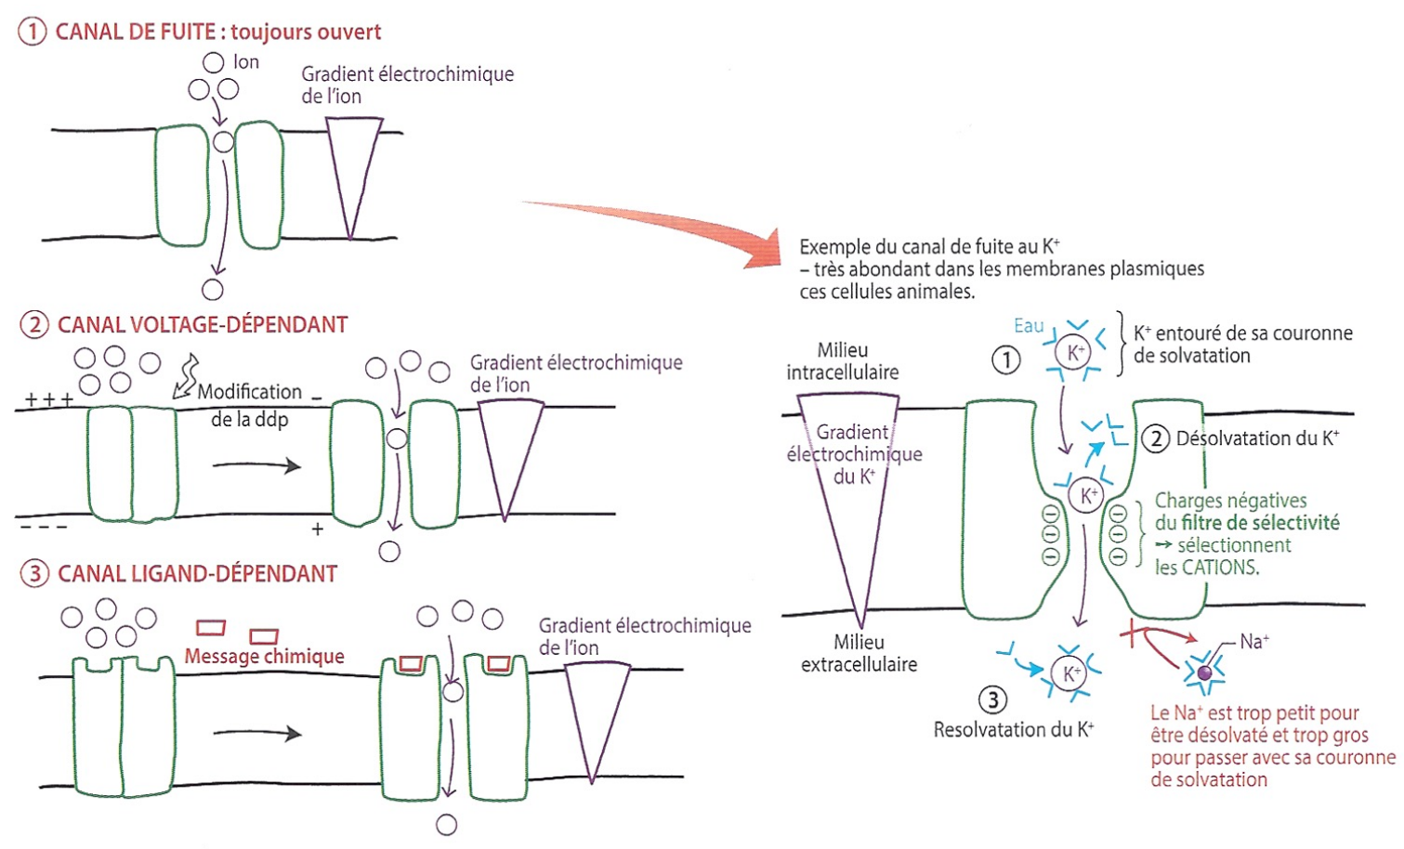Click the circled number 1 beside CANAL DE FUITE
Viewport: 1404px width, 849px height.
(32, 32)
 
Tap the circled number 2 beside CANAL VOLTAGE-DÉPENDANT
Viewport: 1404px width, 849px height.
(34, 324)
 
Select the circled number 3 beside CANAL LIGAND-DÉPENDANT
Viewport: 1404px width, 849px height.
(34, 573)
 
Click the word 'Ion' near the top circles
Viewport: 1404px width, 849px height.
(245, 62)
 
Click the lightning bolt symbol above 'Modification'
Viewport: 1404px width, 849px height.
(186, 376)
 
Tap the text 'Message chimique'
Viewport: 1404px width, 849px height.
(265, 656)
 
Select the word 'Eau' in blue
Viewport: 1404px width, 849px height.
(1030, 325)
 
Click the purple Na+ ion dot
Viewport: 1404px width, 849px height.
(1204, 673)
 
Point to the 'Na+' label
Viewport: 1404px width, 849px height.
(1254, 641)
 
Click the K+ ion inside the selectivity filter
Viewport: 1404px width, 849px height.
(1086, 495)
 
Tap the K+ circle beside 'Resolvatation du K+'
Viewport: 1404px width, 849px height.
(1069, 673)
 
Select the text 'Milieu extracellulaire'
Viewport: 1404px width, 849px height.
(859, 653)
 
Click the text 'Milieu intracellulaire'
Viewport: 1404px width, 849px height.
(843, 361)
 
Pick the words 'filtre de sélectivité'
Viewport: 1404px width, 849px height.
(1260, 523)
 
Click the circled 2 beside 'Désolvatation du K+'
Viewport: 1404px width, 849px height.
(1156, 438)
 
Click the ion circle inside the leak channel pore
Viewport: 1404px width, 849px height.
(223, 141)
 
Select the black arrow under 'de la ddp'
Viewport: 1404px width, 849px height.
(257, 465)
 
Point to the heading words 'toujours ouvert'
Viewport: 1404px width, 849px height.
(306, 32)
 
